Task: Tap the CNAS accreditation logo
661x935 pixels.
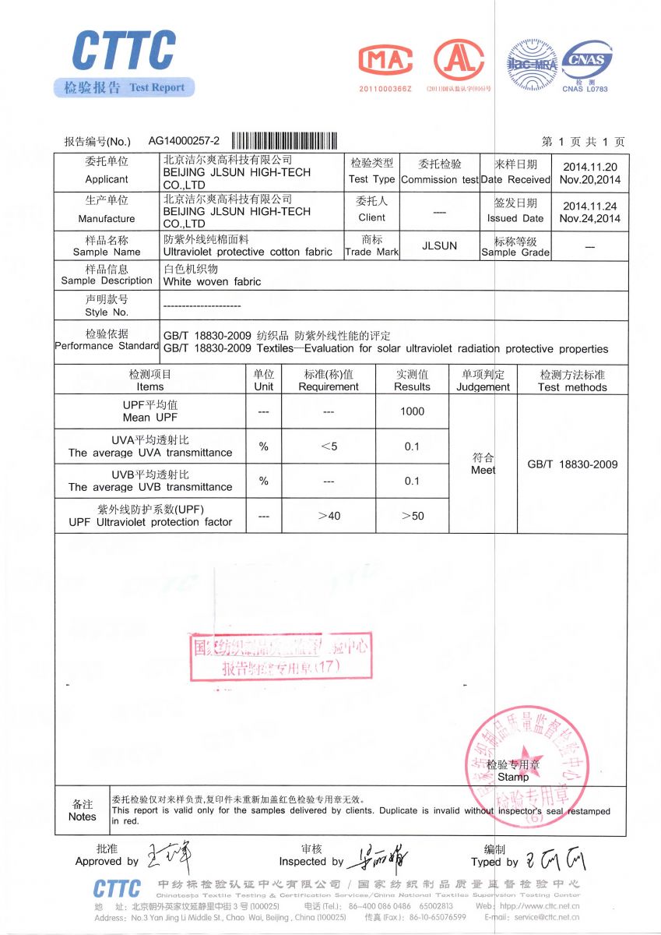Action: click(x=586, y=62)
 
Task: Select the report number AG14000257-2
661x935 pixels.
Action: click(x=185, y=141)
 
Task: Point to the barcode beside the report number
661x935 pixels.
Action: click(x=285, y=141)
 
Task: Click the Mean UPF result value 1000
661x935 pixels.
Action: click(x=412, y=411)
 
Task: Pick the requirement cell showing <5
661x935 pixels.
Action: click(x=329, y=446)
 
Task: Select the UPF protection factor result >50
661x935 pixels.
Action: click(x=412, y=516)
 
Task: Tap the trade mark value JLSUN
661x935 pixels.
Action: click(x=438, y=245)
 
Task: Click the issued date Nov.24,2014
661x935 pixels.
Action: click(x=589, y=218)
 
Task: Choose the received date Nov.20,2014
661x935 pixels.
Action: click(x=589, y=179)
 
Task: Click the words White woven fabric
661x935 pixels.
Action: click(x=213, y=281)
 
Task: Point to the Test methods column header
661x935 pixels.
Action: click(x=571, y=386)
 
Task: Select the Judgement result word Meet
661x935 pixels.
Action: click(x=483, y=470)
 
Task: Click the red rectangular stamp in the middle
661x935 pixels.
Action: click(x=281, y=656)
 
